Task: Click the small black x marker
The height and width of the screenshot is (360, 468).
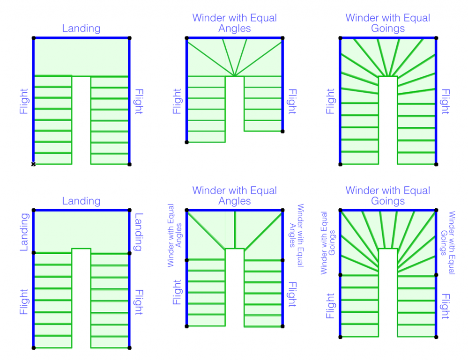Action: coord(33,164)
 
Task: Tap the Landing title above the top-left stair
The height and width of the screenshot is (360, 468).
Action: coord(81,28)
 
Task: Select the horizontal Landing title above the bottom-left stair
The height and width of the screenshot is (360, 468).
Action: coord(81,201)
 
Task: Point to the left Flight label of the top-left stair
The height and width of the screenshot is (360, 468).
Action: coord(23,102)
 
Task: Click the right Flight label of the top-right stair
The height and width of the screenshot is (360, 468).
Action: coord(446,102)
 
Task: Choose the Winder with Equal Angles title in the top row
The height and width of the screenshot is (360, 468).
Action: coord(234,23)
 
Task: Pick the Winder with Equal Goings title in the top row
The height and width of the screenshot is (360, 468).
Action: coord(388,23)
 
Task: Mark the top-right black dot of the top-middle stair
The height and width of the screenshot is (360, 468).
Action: coord(282,38)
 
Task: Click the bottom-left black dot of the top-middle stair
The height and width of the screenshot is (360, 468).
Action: coord(187,142)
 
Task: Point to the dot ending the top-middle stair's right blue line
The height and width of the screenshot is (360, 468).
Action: coord(282,131)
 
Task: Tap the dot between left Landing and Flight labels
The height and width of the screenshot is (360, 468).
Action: coord(33,253)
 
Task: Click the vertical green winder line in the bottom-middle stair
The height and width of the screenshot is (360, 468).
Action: coord(234,229)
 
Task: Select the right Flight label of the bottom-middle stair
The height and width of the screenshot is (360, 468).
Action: coord(292,294)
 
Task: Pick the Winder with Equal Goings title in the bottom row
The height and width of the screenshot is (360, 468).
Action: coord(388,196)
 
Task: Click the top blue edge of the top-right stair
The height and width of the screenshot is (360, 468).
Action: coord(388,38)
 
